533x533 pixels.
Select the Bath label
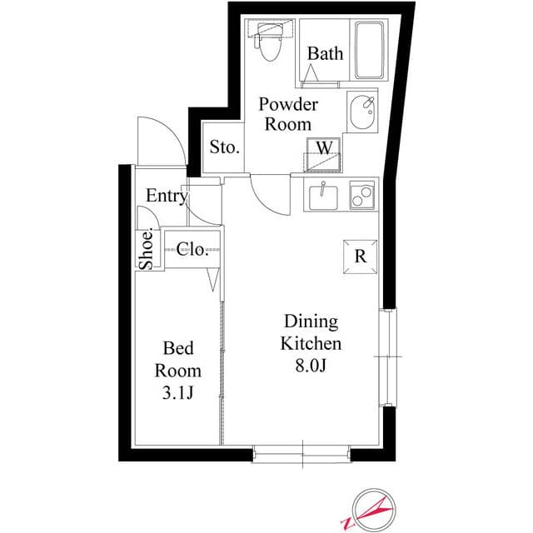pyautogui.click(x=325, y=54)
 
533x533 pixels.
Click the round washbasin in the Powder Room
pyautogui.click(x=362, y=112)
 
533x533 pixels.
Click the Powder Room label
pyautogui.click(x=287, y=114)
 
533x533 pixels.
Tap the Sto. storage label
pyautogui.click(x=225, y=148)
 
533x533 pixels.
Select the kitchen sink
pyautogui.click(x=323, y=197)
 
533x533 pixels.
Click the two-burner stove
pyautogui.click(x=363, y=197)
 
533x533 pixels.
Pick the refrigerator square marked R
pyautogui.click(x=361, y=256)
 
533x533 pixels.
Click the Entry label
pyautogui.click(x=167, y=197)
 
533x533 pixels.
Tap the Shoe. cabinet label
pyautogui.click(x=146, y=249)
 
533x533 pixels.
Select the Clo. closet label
pyautogui.click(x=192, y=249)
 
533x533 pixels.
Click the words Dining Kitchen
pyautogui.click(x=311, y=331)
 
